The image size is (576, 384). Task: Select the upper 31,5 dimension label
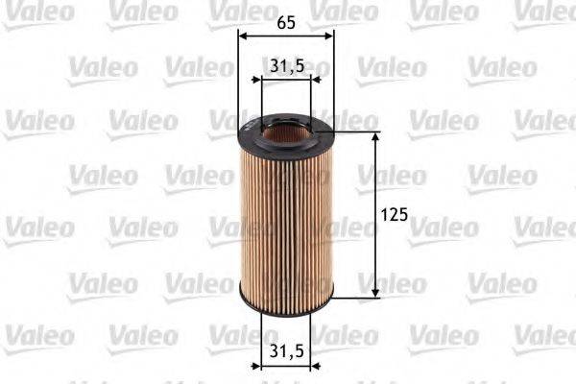pyautogui.click(x=286, y=65)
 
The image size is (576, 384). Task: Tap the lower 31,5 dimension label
pyautogui.click(x=286, y=351)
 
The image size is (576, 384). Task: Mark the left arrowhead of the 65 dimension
pyautogui.click(x=242, y=35)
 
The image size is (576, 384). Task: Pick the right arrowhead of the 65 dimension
pyautogui.click(x=329, y=35)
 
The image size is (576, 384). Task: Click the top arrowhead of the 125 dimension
pyautogui.click(x=374, y=138)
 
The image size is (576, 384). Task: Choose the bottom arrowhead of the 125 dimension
pyautogui.click(x=374, y=291)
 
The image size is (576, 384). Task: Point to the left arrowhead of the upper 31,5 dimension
pyautogui.click(x=266, y=81)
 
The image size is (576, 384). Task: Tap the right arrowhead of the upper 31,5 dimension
pyautogui.click(x=306, y=81)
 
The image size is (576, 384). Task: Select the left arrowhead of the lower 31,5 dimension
pyautogui.click(x=266, y=366)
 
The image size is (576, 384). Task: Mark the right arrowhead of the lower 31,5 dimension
pyautogui.click(x=306, y=366)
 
